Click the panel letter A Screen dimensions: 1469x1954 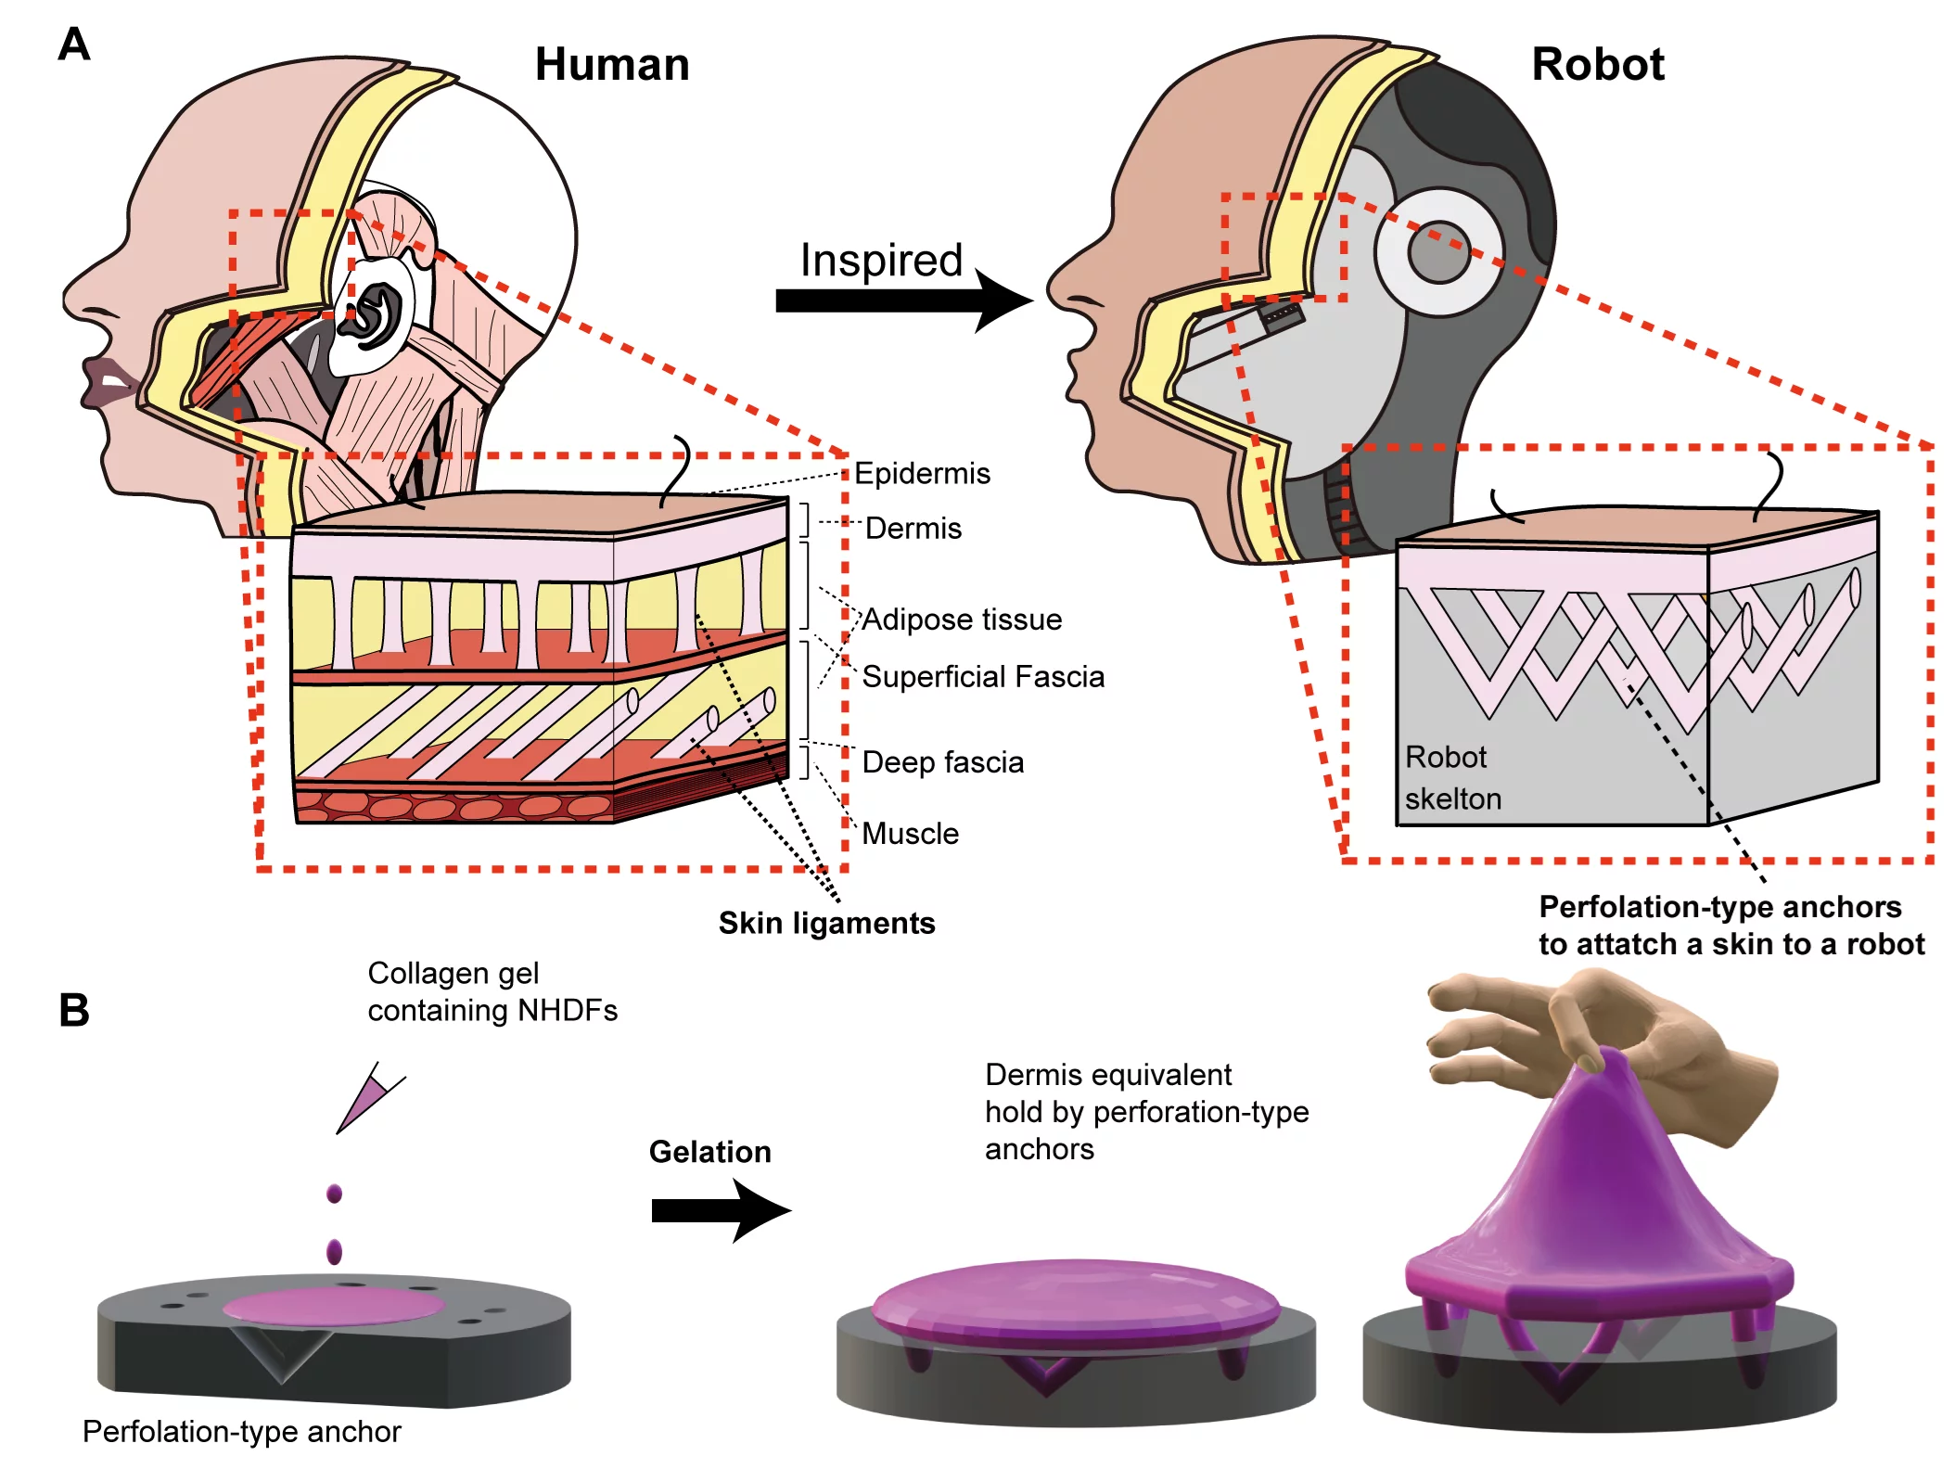(x=73, y=44)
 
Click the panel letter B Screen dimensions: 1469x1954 (x=73, y=1010)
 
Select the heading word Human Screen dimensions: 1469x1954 (x=612, y=65)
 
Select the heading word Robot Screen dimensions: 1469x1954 (x=1597, y=65)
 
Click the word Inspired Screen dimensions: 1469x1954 (x=881, y=260)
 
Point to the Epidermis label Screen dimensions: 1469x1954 (x=922, y=474)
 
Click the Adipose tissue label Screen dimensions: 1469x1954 (x=962, y=620)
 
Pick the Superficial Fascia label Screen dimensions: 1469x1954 (x=983, y=677)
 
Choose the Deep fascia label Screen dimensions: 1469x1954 (x=942, y=762)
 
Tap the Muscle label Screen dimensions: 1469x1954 (x=910, y=834)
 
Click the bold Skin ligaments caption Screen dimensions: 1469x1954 (x=826, y=924)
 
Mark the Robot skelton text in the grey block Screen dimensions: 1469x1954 (x=1451, y=778)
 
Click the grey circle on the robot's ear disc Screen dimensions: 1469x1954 (x=1438, y=252)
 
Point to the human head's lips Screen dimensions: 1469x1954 (x=109, y=381)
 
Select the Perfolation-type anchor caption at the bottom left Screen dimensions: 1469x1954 (x=241, y=1432)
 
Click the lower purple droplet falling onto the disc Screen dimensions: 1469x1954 (x=334, y=1252)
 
